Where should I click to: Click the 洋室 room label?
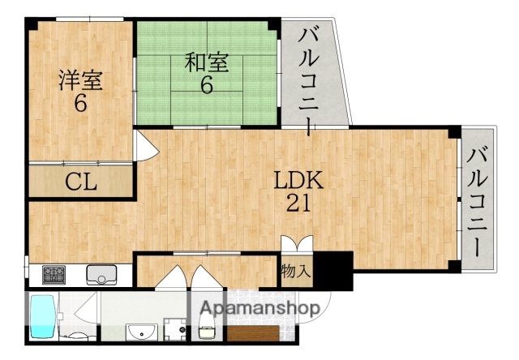[x=79, y=80]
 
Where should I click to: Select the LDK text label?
[x=298, y=180]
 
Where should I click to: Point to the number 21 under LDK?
[x=297, y=204]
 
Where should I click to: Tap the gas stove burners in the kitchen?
[x=55, y=274]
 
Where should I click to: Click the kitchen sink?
[x=102, y=274]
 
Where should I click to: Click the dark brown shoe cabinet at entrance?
[x=255, y=332]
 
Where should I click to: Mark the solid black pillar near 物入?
[x=333, y=270]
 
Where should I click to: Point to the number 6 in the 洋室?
[x=80, y=104]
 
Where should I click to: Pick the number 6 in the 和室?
[x=207, y=84]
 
